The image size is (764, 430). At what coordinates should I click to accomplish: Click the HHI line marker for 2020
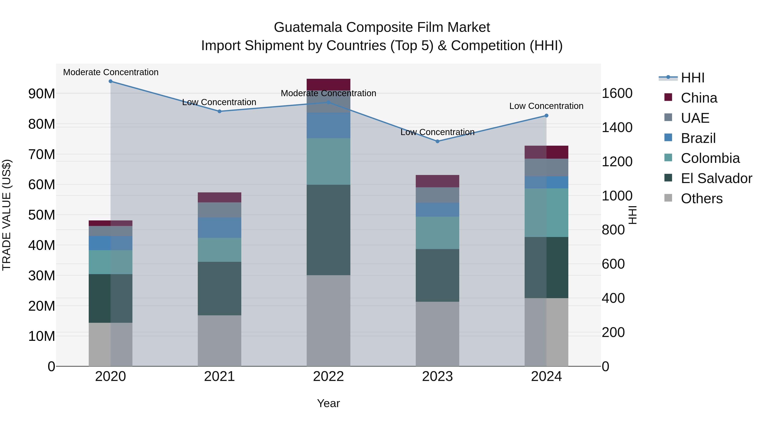click(x=110, y=81)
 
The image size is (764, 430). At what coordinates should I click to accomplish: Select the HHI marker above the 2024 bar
click(x=546, y=116)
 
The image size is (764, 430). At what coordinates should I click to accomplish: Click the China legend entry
click(x=699, y=98)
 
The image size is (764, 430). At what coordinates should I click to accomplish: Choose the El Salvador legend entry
click(x=716, y=178)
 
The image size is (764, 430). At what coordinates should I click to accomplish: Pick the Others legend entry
click(x=701, y=199)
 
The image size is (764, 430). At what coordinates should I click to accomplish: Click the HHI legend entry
click(x=692, y=78)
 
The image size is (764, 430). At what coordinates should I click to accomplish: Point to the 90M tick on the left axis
click(x=42, y=94)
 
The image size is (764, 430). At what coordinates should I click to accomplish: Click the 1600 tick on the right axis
click(x=617, y=93)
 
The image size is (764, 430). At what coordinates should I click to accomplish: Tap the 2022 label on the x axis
click(x=328, y=376)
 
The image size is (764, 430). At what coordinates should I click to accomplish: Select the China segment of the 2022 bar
click(x=328, y=85)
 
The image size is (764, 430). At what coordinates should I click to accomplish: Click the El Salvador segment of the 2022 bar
click(x=328, y=230)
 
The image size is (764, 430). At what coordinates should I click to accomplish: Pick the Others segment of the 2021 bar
click(x=219, y=341)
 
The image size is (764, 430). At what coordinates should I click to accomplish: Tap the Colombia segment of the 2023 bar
click(x=437, y=233)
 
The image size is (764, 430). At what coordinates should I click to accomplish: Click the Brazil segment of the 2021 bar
click(x=219, y=228)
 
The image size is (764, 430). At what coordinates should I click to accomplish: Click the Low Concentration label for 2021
click(x=219, y=102)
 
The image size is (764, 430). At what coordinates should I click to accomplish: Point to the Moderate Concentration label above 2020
click(x=111, y=72)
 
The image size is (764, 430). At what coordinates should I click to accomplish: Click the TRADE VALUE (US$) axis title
click(x=7, y=215)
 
